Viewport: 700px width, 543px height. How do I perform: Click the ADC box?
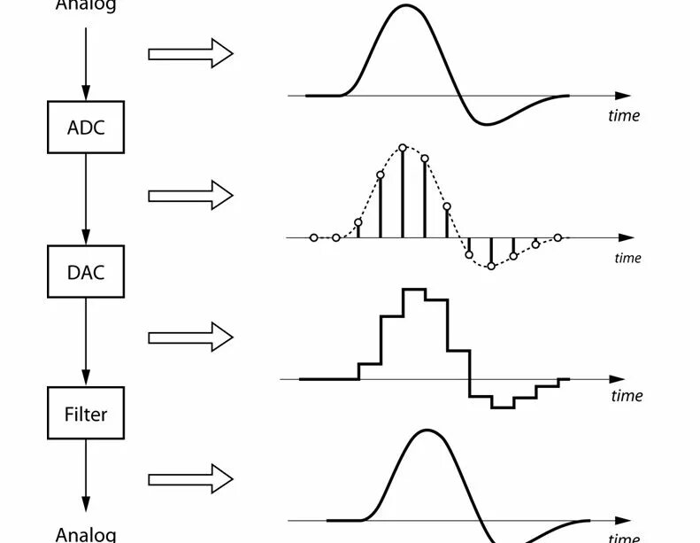click(x=86, y=127)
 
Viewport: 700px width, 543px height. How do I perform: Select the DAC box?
click(x=86, y=271)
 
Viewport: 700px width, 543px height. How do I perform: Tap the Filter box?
click(x=86, y=414)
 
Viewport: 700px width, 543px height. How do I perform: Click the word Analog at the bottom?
click(x=86, y=533)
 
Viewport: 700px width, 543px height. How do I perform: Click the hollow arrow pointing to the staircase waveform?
click(x=190, y=337)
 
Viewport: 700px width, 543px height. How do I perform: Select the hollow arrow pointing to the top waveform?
click(x=190, y=54)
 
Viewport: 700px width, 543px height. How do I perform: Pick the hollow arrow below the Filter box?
click(x=190, y=480)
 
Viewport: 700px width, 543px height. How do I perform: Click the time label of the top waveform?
click(x=623, y=115)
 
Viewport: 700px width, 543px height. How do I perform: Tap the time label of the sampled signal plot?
click(x=627, y=258)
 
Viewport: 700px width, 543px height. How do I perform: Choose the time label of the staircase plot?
click(x=627, y=395)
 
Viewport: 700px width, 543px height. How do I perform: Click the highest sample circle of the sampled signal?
click(x=403, y=147)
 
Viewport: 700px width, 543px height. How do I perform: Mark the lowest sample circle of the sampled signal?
click(x=491, y=266)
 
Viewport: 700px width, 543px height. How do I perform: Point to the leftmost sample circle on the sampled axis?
click(x=314, y=237)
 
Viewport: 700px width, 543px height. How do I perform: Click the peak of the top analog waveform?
click(x=406, y=6)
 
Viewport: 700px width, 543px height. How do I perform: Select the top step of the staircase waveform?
click(x=413, y=290)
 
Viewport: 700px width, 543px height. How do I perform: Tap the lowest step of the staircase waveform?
click(x=503, y=407)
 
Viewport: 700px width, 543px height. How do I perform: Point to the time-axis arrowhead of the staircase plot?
click(x=626, y=378)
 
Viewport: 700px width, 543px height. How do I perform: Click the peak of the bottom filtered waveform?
click(x=427, y=431)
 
